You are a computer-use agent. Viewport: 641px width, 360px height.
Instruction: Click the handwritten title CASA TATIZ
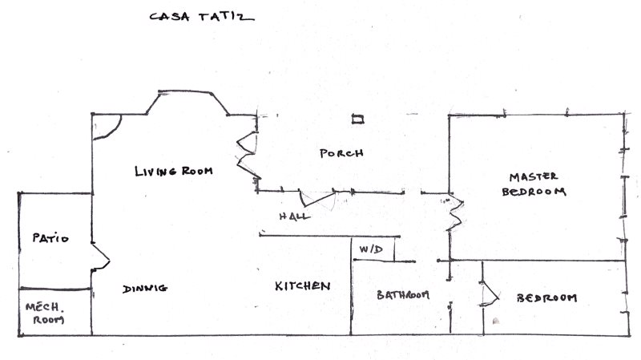202,17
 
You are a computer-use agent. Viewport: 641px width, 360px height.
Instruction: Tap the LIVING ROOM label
174,171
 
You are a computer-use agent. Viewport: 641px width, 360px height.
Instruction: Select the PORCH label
341,153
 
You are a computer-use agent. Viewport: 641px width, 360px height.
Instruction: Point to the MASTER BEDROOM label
534,184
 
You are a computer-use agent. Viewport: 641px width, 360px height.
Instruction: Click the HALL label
294,216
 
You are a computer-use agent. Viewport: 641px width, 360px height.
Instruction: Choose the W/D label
371,249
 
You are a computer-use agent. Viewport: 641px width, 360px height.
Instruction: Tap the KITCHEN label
303,286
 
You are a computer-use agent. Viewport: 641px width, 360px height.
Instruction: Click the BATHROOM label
403,294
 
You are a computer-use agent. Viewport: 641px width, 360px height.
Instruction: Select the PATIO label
50,238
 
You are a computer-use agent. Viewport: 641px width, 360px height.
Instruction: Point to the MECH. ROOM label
45,313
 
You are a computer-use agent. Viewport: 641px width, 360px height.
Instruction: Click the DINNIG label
145,289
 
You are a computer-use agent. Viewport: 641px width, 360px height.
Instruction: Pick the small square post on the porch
357,119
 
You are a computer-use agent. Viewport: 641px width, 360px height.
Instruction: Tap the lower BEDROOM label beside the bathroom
547,297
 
